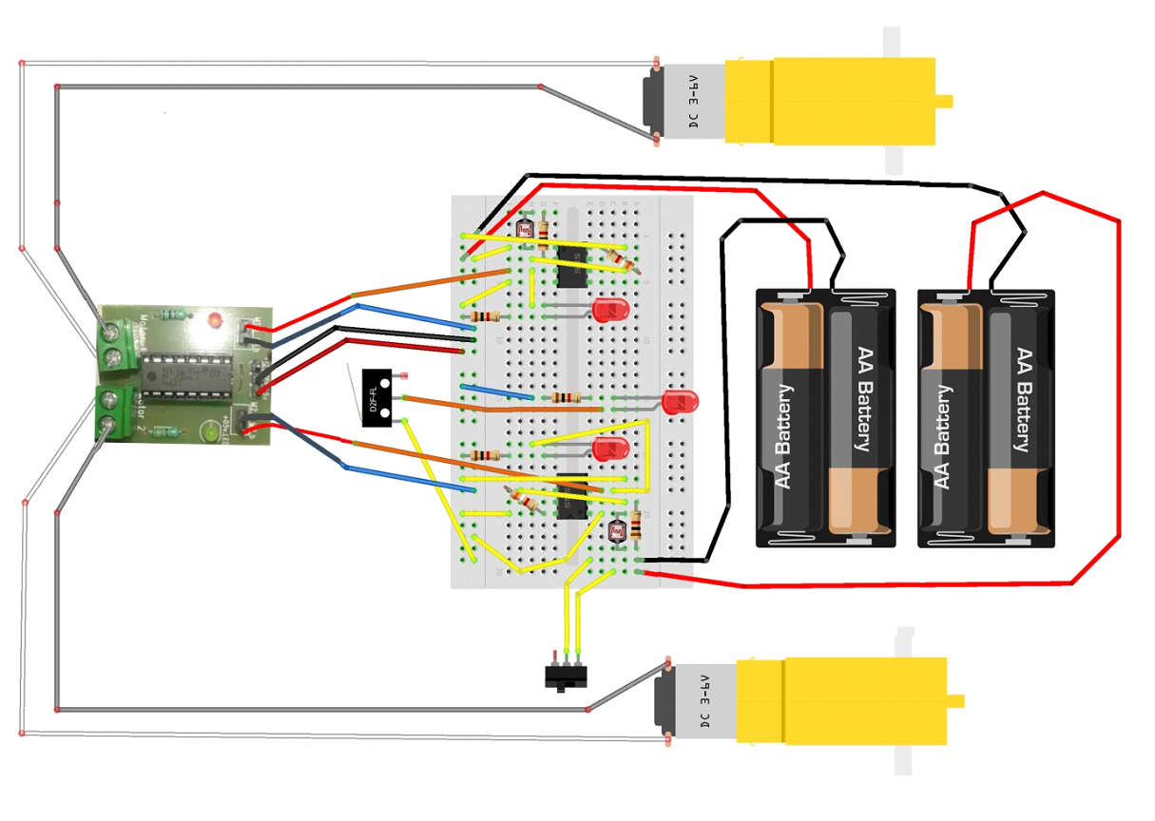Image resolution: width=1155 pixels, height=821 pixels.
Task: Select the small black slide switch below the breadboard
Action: tap(566, 677)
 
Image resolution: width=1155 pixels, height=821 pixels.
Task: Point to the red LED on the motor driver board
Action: tap(218, 316)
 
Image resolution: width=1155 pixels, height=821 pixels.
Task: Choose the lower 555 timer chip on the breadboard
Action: tap(573, 493)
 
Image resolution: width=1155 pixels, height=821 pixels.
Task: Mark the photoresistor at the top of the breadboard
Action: tap(525, 229)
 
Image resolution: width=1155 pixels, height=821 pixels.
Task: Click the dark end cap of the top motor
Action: tap(651, 103)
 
